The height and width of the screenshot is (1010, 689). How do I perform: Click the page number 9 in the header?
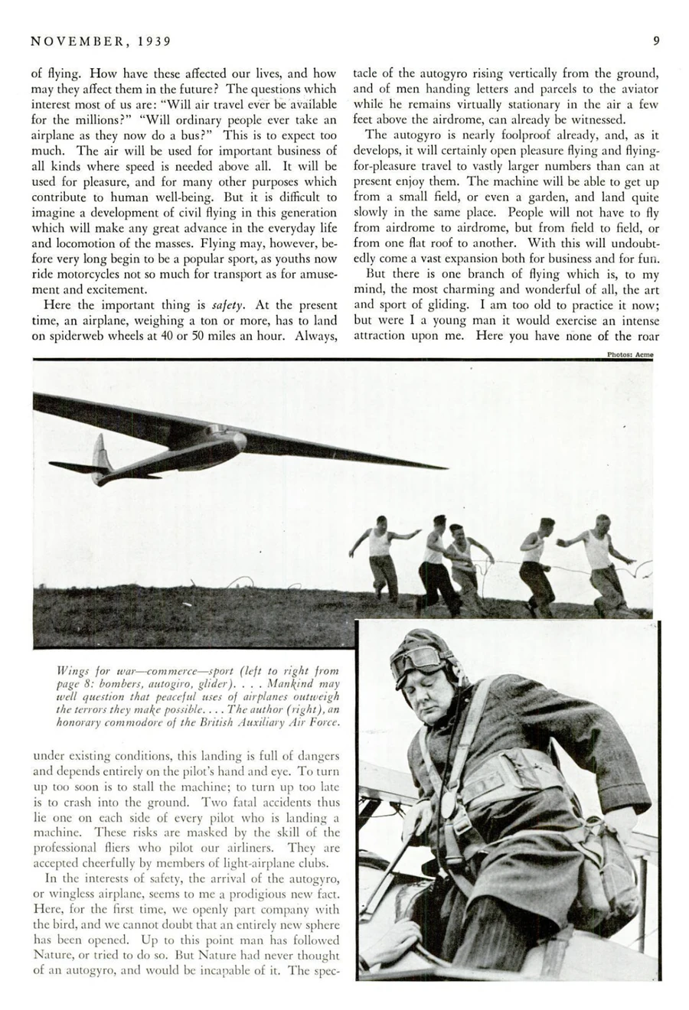coord(655,41)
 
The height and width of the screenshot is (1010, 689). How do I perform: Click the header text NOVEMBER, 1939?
coord(101,41)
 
